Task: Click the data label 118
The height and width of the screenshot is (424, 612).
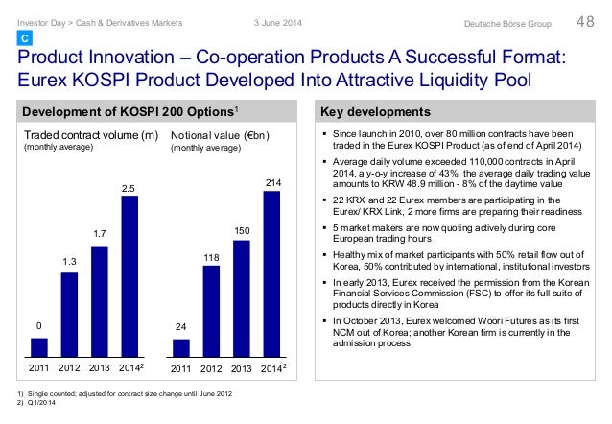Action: tap(211, 259)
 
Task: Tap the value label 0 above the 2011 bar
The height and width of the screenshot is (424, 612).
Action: tap(39, 326)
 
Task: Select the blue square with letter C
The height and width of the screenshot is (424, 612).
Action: tap(26, 37)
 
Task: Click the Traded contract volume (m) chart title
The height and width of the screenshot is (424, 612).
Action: tap(90, 135)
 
